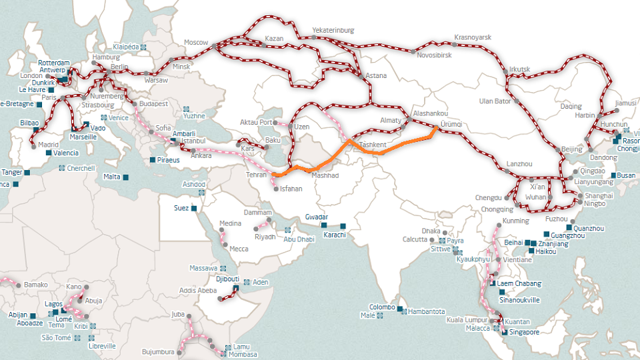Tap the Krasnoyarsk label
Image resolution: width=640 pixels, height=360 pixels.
[472, 37]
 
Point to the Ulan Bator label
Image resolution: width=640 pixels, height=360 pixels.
[495, 101]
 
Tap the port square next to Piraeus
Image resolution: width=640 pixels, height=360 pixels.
[153, 160]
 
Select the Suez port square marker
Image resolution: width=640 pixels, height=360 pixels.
[193, 208]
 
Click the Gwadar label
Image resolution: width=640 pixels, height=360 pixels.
[316, 217]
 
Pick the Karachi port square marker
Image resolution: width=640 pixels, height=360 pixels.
[343, 225]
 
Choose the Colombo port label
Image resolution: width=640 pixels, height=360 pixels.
[382, 307]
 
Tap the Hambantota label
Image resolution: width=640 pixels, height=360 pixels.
[427, 311]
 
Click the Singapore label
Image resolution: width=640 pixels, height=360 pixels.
[525, 332]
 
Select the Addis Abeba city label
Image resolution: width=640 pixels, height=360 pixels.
[198, 291]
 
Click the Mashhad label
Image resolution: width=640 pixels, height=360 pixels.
[325, 175]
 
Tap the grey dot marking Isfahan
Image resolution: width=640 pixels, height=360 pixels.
[275, 189]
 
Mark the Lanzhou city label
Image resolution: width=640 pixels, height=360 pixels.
[519, 163]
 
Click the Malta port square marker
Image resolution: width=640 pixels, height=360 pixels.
[125, 177]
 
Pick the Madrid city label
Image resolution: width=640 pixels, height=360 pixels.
[49, 145]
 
